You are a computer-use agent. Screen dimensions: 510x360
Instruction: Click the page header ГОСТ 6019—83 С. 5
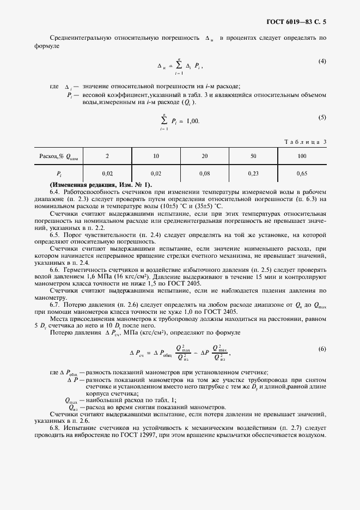(299, 22)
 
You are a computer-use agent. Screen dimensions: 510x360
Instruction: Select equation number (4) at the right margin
(322, 61)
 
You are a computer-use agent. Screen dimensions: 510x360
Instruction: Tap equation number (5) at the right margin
(322, 118)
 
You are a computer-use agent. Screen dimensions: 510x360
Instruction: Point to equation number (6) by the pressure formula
(322, 349)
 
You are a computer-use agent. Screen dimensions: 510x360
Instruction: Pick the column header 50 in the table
(253, 156)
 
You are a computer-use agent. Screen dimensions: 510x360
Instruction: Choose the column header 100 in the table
(302, 156)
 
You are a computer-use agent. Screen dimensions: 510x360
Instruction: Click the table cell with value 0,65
(302, 173)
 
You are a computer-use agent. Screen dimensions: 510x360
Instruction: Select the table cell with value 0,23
(253, 173)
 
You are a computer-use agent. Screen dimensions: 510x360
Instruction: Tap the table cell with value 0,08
(205, 173)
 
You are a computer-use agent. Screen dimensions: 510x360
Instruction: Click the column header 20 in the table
(205, 156)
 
